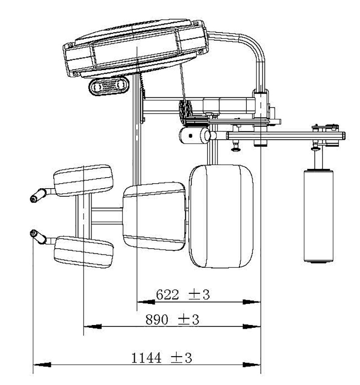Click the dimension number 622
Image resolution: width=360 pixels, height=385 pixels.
[167, 294]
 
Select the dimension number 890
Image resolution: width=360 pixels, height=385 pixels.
[156, 319]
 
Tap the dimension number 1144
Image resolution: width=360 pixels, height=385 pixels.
[146, 358]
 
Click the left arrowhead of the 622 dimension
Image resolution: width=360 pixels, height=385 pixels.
[146, 302]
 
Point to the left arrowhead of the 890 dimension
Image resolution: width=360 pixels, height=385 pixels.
[93, 326]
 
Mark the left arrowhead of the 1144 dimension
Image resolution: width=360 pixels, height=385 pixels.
[42, 365]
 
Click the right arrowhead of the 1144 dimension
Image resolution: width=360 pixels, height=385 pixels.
[252, 365]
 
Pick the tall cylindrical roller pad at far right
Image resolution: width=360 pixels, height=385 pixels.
[319, 216]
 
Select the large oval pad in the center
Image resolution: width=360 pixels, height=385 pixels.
[221, 216]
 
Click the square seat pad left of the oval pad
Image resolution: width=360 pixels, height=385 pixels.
[154, 217]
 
